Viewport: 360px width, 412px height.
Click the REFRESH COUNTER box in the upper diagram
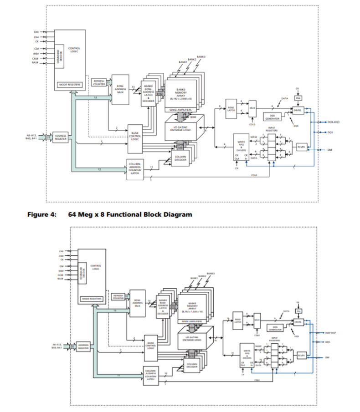coord(99,82)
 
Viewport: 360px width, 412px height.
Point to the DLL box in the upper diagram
coord(298,98)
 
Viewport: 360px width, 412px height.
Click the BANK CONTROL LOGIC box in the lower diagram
coord(150,346)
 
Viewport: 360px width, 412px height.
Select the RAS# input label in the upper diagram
coord(36,62)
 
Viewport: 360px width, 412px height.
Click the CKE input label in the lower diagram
coord(61,251)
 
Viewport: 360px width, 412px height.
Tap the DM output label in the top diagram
coord(329,149)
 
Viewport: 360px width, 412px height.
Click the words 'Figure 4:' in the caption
coord(41,214)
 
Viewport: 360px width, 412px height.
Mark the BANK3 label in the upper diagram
coord(201,57)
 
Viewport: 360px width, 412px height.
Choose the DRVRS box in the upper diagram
coord(298,110)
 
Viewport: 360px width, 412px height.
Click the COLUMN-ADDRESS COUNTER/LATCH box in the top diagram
coord(134,168)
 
